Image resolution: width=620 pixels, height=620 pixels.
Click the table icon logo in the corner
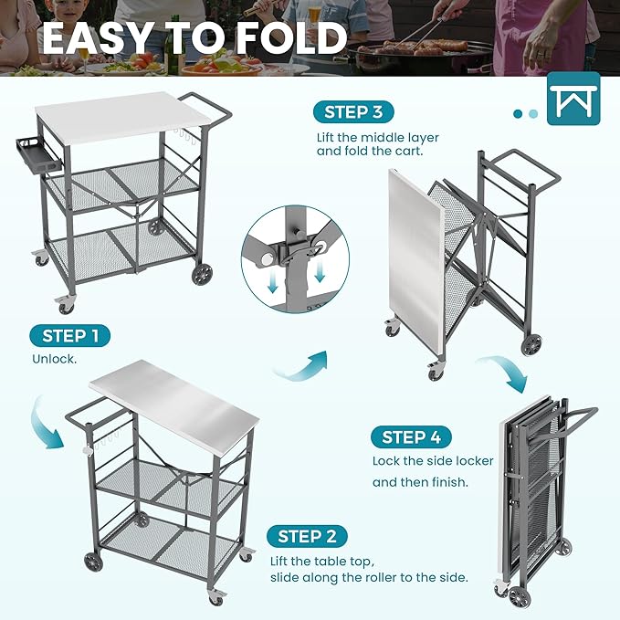click(573, 98)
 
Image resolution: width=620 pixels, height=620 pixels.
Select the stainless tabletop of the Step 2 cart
click(174, 402)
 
